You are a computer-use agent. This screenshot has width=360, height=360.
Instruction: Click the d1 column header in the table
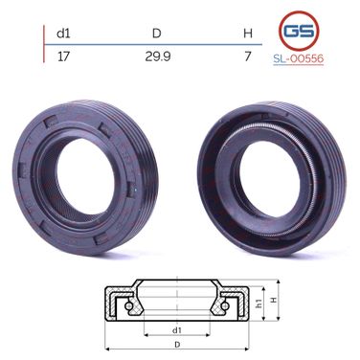(x=63, y=34)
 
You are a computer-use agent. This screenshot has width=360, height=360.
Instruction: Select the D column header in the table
(x=157, y=34)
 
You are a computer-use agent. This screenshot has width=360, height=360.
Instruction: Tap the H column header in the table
(x=248, y=34)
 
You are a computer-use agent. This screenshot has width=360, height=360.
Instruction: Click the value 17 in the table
(x=63, y=56)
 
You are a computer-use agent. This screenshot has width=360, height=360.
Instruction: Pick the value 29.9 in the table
(x=158, y=56)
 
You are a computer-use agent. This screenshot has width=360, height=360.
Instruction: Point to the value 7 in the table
(x=248, y=56)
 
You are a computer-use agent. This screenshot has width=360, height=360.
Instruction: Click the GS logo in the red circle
(x=299, y=31)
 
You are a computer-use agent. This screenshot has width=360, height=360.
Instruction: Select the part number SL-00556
(x=299, y=58)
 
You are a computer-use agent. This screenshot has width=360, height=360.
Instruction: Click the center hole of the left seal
(x=85, y=177)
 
